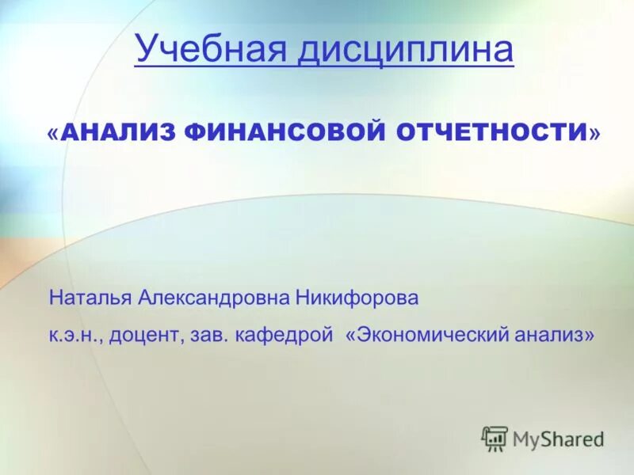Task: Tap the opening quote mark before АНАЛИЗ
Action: point(53,133)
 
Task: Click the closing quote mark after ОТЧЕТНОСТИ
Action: point(594,133)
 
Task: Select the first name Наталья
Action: point(90,298)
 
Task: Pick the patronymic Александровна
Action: point(214,298)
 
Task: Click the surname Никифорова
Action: point(356,298)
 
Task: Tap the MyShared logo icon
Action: point(495,439)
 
